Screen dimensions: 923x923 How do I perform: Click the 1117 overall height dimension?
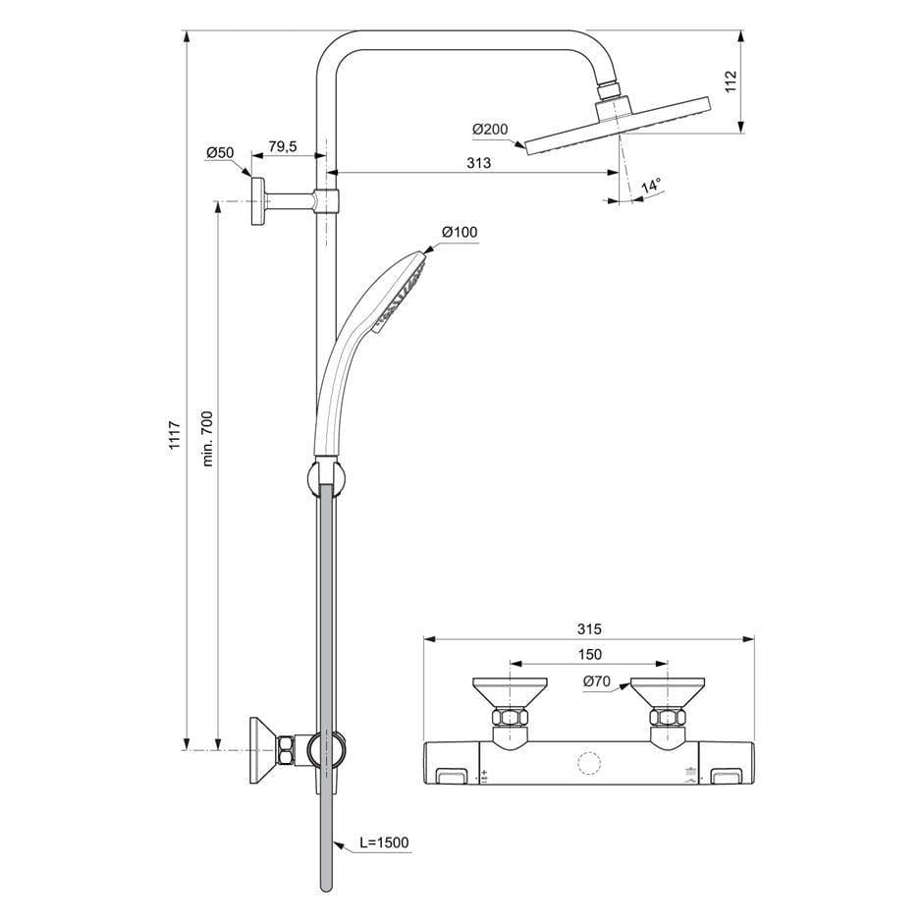(175, 436)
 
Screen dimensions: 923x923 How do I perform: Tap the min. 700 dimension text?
(206, 438)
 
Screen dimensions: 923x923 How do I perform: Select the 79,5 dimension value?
(282, 147)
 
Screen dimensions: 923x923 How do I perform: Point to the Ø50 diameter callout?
(219, 152)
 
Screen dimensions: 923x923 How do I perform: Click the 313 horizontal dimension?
(478, 163)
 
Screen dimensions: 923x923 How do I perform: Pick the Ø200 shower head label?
(488, 130)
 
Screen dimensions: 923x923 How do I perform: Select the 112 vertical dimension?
(757, 81)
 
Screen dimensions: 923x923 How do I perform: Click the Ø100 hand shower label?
(459, 232)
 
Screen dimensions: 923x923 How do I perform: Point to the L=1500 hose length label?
(383, 842)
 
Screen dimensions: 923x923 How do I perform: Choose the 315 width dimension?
(588, 629)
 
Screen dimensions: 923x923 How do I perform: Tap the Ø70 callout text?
(598, 680)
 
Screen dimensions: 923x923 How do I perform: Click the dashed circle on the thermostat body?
(589, 765)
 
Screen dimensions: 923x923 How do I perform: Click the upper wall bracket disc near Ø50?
(257, 201)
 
